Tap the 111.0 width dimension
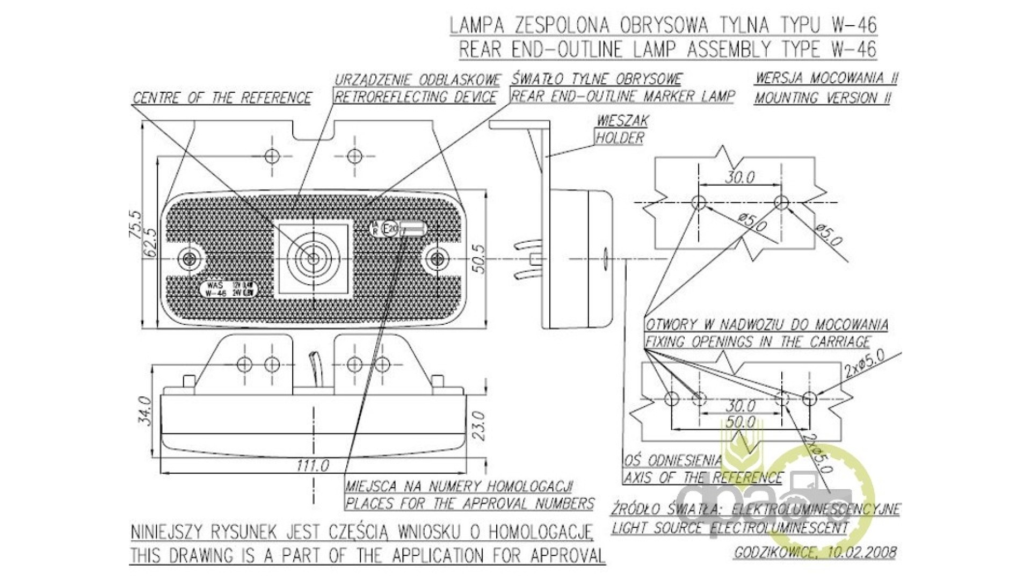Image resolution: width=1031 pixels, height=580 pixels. pyautogui.click(x=313, y=466)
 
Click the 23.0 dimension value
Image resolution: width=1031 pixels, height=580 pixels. pyautogui.click(x=479, y=425)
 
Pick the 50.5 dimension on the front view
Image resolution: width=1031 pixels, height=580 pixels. pyautogui.click(x=479, y=258)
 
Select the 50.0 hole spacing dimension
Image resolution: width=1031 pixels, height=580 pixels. pyautogui.click(x=740, y=422)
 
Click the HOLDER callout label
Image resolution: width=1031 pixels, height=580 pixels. pyautogui.click(x=620, y=138)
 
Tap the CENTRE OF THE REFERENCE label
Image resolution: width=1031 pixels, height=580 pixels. pyautogui.click(x=222, y=98)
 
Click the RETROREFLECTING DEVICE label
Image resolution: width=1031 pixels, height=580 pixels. pyautogui.click(x=416, y=97)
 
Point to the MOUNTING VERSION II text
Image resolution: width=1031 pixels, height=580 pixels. pyautogui.click(x=823, y=98)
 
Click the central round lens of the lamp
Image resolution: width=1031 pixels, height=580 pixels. pyautogui.click(x=313, y=258)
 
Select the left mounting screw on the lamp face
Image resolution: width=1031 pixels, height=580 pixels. pyautogui.click(x=189, y=259)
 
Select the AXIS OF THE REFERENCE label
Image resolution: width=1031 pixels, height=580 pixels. pyautogui.click(x=703, y=477)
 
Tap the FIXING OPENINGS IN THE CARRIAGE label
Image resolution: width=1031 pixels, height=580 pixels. pyautogui.click(x=758, y=342)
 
